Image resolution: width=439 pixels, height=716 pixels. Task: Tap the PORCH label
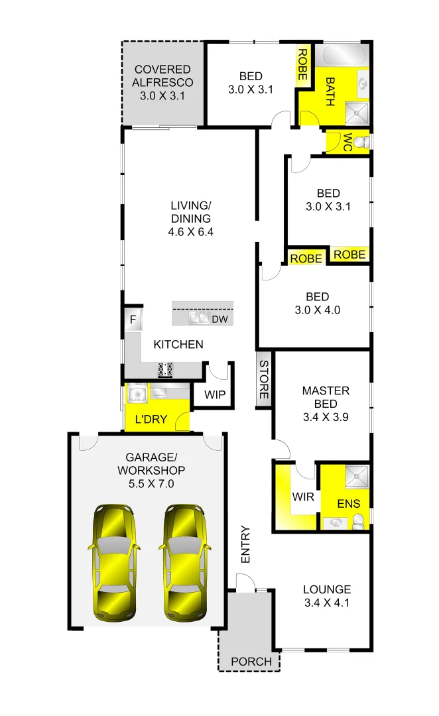coord(251,662)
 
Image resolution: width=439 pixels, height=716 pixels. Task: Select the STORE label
coord(264,380)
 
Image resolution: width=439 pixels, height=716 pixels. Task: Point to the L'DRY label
coord(151,419)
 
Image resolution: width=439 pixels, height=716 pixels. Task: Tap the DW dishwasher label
coord(219,320)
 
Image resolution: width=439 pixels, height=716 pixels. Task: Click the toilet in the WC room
coord(359,142)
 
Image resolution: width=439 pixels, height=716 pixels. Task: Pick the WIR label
coord(302,496)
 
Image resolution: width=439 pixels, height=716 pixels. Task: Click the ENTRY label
coord(245,544)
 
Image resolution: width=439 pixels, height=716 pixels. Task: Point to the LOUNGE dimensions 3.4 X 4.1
coord(327,603)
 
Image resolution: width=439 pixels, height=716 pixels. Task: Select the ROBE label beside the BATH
coord(302,65)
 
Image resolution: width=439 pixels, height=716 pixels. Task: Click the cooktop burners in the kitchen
coord(165,370)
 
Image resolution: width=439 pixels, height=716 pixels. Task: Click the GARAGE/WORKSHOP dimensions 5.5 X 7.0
coord(151,484)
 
